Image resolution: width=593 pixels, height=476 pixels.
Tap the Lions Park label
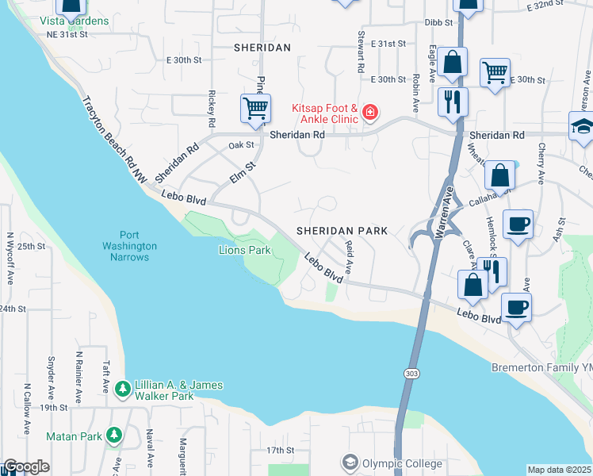point(245,251)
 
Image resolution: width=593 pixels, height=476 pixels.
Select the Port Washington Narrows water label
point(128,246)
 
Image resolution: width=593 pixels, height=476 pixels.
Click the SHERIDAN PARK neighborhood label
point(342,231)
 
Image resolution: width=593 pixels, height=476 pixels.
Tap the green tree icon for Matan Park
point(115,435)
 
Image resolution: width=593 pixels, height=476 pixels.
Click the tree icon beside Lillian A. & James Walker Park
point(122,389)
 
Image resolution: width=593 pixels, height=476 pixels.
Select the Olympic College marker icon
point(349,462)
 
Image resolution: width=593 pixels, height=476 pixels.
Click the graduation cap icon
point(582,127)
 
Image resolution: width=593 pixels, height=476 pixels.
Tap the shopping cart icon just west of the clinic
point(255,107)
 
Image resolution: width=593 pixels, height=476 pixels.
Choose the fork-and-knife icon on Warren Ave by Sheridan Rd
point(453,101)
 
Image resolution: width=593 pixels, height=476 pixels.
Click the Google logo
point(26,466)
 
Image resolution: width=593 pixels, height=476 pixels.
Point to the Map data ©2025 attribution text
point(559,470)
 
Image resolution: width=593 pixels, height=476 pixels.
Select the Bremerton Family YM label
point(541,368)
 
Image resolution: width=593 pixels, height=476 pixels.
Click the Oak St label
point(240,145)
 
